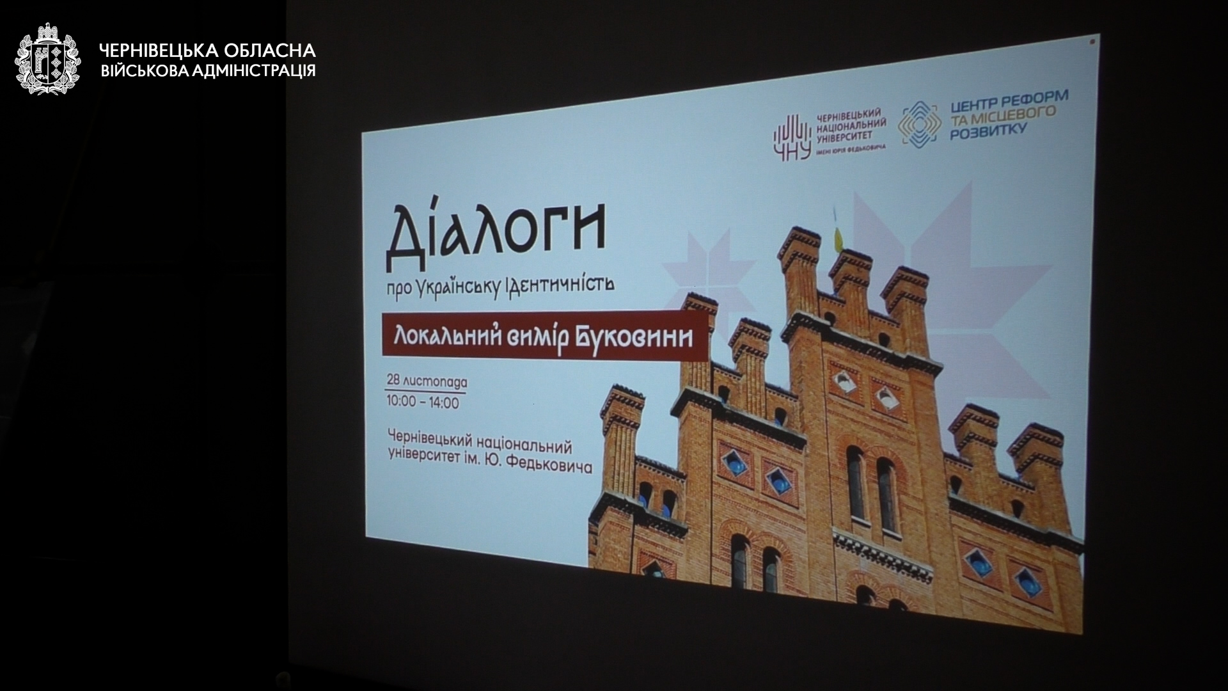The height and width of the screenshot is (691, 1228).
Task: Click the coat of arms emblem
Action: click(x=48, y=60)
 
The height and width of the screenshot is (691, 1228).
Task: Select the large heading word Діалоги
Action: click(x=495, y=232)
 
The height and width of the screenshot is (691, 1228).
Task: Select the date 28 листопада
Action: click(x=426, y=381)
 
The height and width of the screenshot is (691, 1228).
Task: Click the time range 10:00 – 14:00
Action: click(x=423, y=402)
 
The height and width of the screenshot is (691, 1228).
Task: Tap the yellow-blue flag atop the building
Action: click(x=837, y=231)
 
